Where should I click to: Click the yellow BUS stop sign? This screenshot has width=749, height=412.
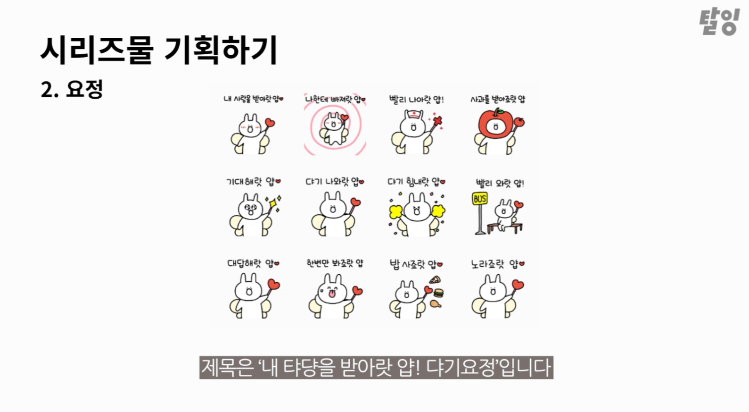480,199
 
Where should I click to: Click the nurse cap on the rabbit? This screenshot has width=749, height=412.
413,114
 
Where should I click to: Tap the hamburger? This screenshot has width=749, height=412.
438,293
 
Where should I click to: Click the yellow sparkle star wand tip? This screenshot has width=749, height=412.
273,204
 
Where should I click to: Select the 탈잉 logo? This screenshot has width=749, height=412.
719,22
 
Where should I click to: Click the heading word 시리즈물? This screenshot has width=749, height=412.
97,50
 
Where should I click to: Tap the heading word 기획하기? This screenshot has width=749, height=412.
221,50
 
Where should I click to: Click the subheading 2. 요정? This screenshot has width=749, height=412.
72,89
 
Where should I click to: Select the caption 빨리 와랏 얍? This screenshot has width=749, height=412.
500,183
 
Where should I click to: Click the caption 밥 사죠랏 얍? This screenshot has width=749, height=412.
416,264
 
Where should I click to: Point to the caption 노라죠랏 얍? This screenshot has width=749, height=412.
498,264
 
